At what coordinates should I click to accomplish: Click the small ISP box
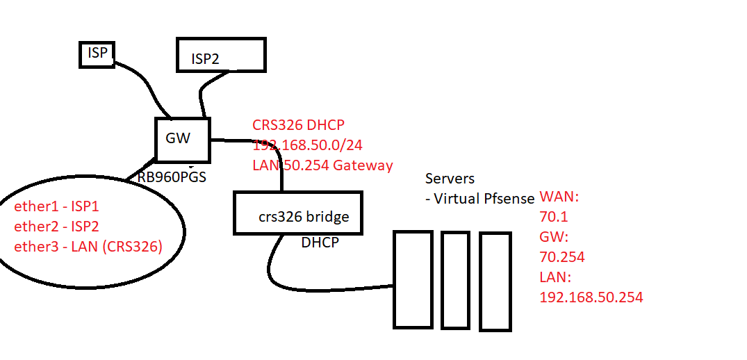(x=97, y=54)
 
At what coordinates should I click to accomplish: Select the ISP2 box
(x=220, y=54)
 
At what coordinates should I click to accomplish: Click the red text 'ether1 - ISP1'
(x=58, y=207)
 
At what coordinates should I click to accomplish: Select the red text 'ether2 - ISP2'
(x=58, y=227)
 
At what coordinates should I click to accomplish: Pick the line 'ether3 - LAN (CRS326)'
(x=88, y=246)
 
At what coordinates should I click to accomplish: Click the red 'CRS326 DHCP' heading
(x=298, y=125)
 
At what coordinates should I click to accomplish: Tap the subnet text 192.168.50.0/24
(x=308, y=145)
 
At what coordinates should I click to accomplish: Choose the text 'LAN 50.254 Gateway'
(x=322, y=165)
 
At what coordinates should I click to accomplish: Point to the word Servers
(x=450, y=178)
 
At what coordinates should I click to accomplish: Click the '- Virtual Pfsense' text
(x=479, y=199)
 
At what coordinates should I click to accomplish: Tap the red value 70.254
(x=561, y=257)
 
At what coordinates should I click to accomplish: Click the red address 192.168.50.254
(x=591, y=297)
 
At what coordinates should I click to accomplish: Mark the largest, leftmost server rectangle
(x=413, y=279)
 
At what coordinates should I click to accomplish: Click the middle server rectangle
(x=456, y=279)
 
